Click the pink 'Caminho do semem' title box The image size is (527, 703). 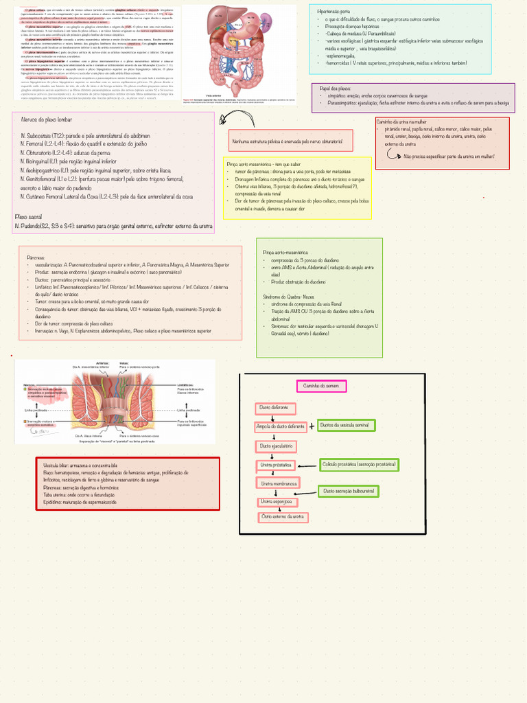pos(321,386)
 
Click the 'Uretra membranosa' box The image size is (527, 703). pos(278,484)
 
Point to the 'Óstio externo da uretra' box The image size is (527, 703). pos(283,517)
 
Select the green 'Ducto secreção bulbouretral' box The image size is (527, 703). pos(349,492)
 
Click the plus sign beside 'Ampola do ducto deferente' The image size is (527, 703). pos(312,426)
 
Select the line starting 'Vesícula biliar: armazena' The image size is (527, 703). pos(80,465)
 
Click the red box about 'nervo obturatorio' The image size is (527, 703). pos(291,141)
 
